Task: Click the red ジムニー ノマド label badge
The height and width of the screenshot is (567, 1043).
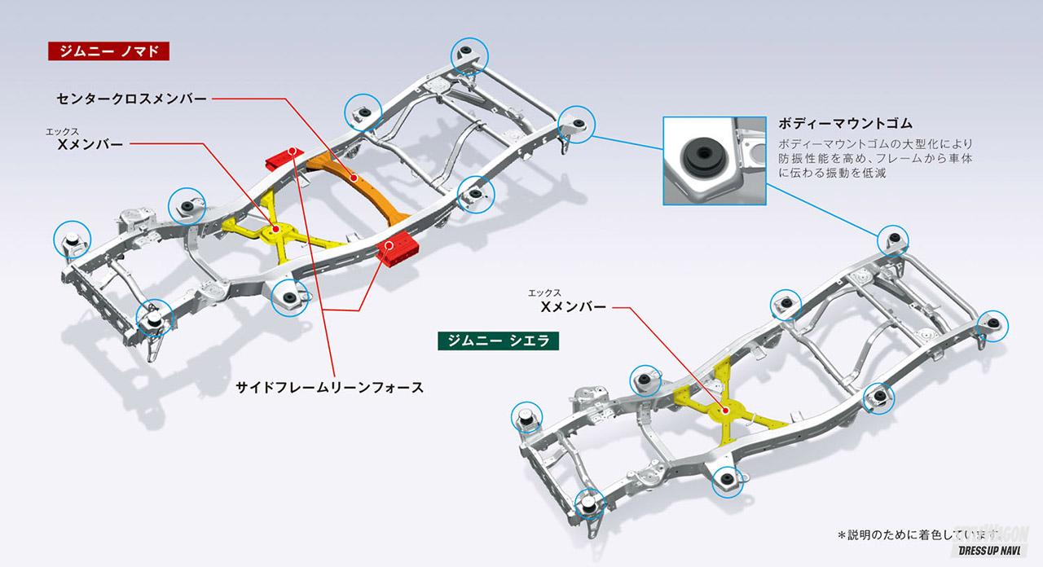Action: pos(108,51)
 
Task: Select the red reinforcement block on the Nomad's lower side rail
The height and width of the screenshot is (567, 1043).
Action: pos(399,246)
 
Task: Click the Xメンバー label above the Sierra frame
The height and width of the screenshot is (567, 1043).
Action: pos(574,307)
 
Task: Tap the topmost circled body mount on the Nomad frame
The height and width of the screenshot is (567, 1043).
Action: pos(470,55)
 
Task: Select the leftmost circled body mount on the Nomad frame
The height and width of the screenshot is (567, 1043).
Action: pos(71,239)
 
